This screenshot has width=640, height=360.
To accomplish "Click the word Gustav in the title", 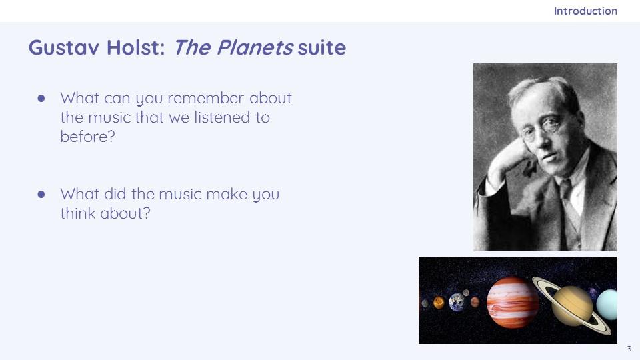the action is tap(64, 47).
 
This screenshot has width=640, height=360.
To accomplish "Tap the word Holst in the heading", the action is tap(135, 47).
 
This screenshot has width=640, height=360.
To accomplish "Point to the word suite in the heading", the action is tap(322, 47).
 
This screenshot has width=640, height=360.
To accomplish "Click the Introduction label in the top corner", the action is tap(585, 11).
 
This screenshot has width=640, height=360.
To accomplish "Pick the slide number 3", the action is tap(629, 349).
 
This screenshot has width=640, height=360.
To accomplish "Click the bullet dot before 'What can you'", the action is tap(41, 99).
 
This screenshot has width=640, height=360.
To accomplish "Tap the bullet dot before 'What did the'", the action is tap(41, 194).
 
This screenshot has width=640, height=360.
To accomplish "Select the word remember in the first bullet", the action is tap(205, 99).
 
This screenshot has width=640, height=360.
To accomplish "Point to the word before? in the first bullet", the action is tap(88, 137).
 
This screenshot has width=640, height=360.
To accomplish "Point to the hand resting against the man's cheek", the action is tap(506, 159).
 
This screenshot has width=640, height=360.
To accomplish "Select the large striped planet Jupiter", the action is tap(513, 302).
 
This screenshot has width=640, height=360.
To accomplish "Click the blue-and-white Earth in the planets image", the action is tap(457, 303).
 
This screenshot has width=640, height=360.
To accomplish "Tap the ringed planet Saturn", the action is tap(572, 306).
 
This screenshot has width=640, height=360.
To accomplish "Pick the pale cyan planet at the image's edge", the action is tap(607, 305).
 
